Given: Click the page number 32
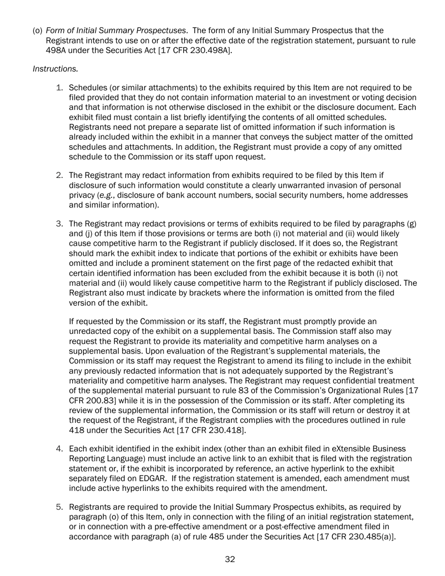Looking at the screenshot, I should point(230,559).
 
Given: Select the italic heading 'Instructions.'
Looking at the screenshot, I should point(55,69).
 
